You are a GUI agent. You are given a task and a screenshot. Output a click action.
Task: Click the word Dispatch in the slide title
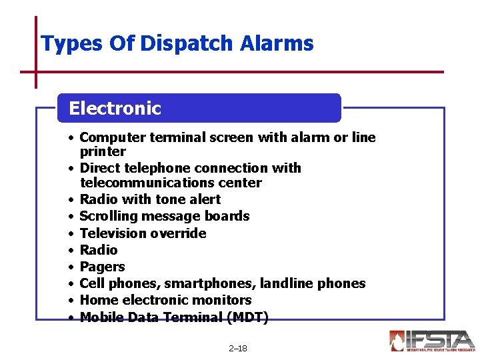click(x=197, y=45)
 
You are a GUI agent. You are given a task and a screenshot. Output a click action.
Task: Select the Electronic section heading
click(x=115, y=108)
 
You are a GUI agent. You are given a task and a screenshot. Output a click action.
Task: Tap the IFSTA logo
click(x=432, y=341)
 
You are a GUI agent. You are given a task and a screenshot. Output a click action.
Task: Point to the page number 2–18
click(x=237, y=349)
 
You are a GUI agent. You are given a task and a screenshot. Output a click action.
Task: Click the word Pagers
click(x=102, y=267)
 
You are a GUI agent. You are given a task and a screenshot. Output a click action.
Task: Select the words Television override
click(x=143, y=233)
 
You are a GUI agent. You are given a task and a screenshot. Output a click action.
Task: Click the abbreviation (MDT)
click(x=247, y=317)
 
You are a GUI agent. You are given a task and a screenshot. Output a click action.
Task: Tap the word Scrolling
click(x=107, y=216)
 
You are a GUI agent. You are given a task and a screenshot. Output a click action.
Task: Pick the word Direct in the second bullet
click(x=100, y=168)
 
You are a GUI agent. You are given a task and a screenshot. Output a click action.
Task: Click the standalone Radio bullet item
click(x=99, y=250)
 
